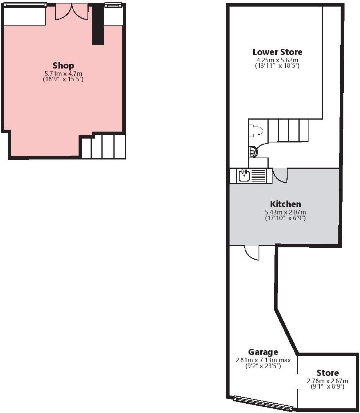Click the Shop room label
click(63, 65)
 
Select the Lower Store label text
click(277, 52)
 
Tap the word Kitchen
click(285, 204)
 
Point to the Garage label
click(263, 352)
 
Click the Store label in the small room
click(327, 373)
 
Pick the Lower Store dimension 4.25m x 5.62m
click(277, 60)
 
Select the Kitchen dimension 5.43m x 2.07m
click(285, 212)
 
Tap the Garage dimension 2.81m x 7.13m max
click(263, 360)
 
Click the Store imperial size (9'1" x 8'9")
click(327, 386)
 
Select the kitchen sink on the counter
click(244, 176)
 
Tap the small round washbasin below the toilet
click(253, 152)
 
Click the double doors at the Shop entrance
click(72, 12)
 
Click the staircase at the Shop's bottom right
click(103, 147)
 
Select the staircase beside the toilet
click(288, 130)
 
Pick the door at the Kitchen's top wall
click(280, 175)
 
